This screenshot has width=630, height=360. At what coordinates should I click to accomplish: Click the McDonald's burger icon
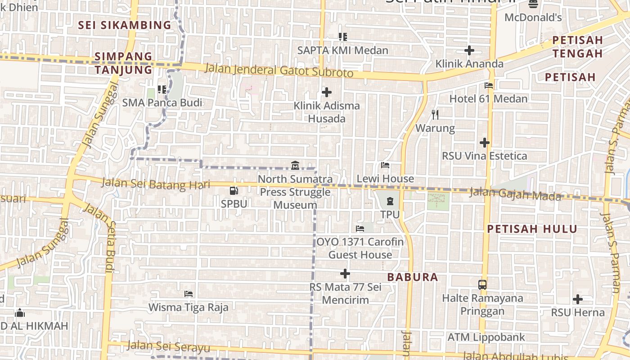click(533, 4)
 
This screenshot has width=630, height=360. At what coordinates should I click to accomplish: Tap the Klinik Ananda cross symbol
click(469, 50)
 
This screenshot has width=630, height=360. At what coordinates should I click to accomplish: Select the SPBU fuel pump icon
click(234, 191)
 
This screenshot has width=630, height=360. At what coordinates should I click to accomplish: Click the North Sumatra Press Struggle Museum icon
click(295, 165)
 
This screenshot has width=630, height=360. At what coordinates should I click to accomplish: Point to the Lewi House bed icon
click(385, 165)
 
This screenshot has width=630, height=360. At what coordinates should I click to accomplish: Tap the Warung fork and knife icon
click(435, 115)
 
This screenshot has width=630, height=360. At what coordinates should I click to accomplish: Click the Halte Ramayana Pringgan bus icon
click(482, 284)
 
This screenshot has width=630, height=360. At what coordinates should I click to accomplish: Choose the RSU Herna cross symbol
click(578, 299)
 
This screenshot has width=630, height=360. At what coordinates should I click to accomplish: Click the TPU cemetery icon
click(390, 201)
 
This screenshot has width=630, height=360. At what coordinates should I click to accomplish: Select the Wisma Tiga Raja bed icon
click(189, 294)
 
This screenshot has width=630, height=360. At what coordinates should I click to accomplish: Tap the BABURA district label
click(412, 277)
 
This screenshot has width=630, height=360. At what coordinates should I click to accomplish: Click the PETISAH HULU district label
click(532, 229)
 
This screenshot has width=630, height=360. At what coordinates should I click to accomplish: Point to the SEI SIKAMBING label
click(125, 25)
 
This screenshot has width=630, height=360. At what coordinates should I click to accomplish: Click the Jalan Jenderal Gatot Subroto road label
click(279, 71)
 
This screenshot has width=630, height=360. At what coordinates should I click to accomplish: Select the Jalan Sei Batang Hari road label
click(156, 183)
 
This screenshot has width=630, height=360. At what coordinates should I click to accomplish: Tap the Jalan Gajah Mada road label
click(515, 194)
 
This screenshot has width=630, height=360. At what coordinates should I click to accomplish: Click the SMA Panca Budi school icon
click(162, 90)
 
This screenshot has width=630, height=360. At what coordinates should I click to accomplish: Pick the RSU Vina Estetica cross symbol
click(484, 143)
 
